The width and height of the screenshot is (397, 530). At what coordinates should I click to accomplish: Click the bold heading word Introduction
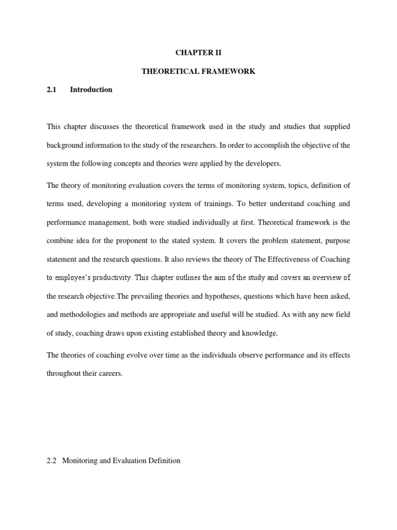(91, 90)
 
